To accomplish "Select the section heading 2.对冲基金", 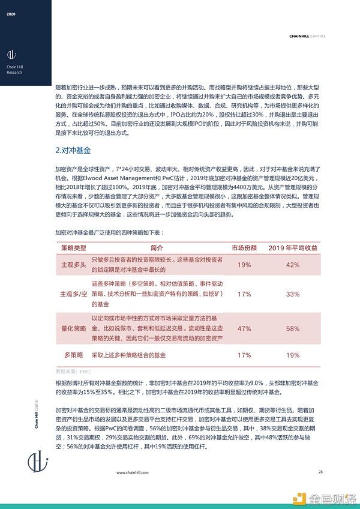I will [x=73, y=149].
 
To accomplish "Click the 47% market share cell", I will [x=244, y=328].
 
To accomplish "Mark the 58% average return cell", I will [x=292, y=328].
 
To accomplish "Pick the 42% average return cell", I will [x=292, y=265].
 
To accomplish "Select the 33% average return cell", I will [x=292, y=294].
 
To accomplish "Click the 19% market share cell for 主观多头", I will [x=244, y=265].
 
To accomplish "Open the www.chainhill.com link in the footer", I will [x=133, y=472].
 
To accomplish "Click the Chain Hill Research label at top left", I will [x=14, y=70].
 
